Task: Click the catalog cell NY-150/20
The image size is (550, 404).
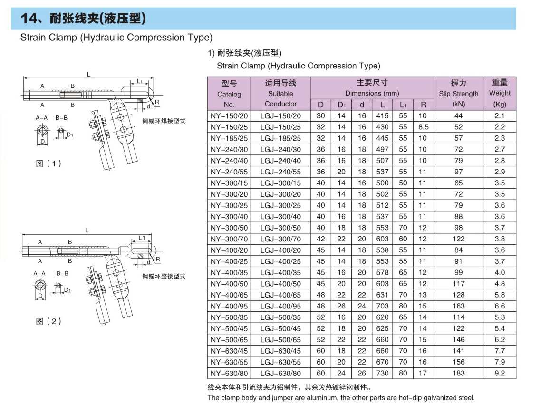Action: [229, 115]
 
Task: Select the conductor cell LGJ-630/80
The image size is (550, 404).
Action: [280, 373]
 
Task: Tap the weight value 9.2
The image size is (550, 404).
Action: [499, 373]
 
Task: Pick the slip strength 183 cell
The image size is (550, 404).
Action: [458, 373]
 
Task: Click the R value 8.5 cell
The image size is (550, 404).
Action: [423, 127]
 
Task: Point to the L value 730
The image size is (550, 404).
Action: [382, 373]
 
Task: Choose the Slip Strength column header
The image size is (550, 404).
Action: [458, 93]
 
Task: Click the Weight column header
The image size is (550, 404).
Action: [499, 93]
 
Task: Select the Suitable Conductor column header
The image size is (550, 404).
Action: [280, 93]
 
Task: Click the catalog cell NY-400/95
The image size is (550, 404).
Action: [229, 306]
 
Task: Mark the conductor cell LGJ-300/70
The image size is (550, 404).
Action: [280, 239]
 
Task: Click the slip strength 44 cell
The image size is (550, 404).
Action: [458, 115]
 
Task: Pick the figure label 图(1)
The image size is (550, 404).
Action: [49, 164]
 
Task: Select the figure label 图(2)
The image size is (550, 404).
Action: [49, 321]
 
